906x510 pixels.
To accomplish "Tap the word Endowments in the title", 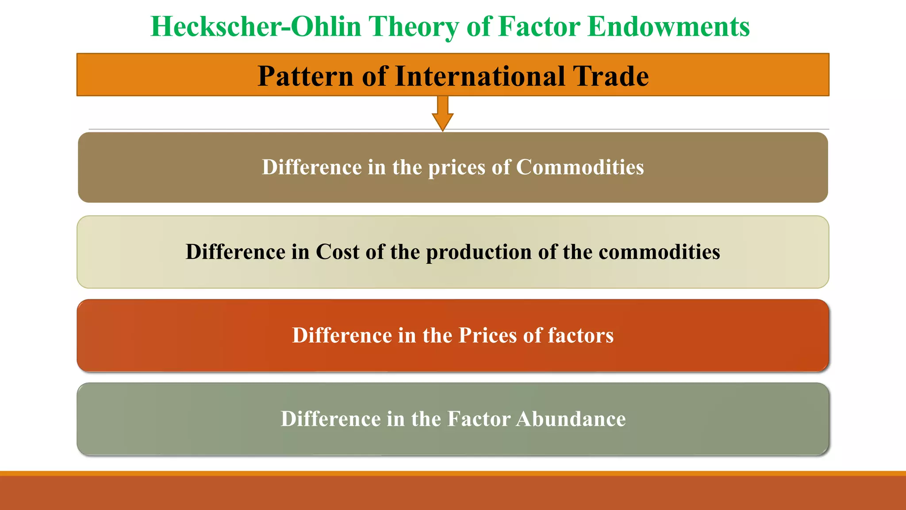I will (668, 27).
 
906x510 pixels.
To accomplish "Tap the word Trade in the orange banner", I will (611, 76).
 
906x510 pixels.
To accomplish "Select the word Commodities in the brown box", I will (580, 167).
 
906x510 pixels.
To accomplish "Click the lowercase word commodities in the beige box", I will (659, 252).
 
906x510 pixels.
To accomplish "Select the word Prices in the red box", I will (488, 335).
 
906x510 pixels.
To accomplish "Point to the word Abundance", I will (571, 419).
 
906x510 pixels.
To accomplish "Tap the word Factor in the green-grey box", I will (479, 419).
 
